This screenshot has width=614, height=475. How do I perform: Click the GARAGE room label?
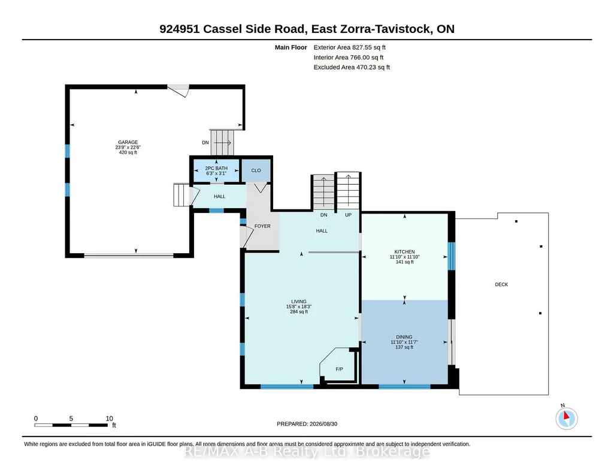(128, 142)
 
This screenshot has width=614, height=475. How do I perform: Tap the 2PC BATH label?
(216, 168)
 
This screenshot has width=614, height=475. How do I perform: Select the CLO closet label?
(256, 170)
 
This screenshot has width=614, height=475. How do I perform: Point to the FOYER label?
(262, 226)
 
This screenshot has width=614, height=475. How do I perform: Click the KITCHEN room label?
(404, 252)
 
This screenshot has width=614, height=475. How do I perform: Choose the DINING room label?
(404, 337)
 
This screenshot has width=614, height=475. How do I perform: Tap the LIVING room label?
(299, 302)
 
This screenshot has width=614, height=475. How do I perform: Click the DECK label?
(501, 284)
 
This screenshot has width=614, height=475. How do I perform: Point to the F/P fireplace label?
(340, 369)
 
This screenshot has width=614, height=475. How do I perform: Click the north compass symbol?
(566, 418)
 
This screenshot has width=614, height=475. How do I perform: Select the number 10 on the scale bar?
(109, 419)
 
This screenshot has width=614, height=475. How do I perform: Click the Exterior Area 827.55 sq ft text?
(350, 47)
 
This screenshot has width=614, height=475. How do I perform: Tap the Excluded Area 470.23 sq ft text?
(352, 67)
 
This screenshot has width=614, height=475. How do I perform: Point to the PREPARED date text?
(307, 424)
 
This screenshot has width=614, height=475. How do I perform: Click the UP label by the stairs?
(348, 215)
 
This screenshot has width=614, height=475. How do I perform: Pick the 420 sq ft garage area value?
(128, 152)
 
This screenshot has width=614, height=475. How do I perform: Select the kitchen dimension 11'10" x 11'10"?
(404, 257)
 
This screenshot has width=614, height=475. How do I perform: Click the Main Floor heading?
(291, 47)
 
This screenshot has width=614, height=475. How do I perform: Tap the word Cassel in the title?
(222, 29)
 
